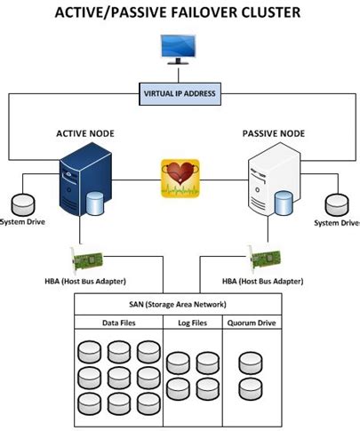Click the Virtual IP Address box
(180, 93)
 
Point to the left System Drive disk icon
(21, 204)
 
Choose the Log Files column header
(191, 323)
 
